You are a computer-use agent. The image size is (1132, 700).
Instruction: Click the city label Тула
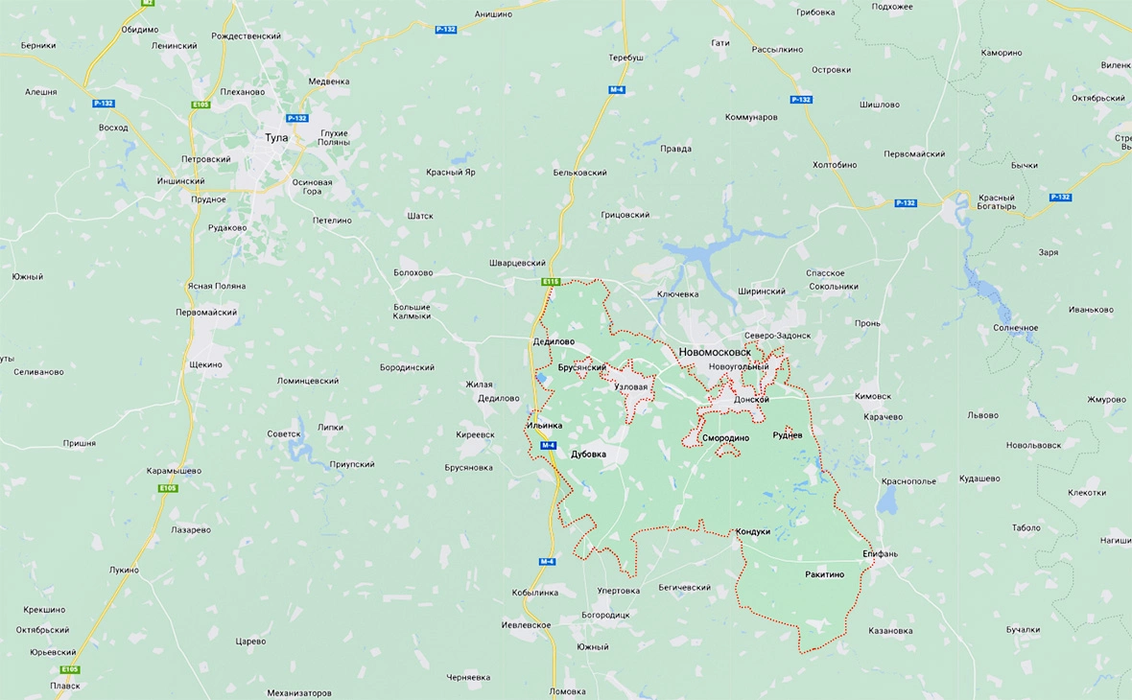point(276,138)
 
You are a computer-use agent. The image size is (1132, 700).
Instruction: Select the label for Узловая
point(636,387)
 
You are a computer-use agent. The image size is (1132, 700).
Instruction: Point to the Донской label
point(751,400)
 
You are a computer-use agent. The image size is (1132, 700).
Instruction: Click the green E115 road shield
point(550,282)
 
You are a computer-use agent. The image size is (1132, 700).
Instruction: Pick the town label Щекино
point(206,364)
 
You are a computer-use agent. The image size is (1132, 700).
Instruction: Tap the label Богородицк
point(606,615)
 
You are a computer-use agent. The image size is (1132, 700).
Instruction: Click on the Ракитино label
point(825,574)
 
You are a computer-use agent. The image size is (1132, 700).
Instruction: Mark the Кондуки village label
point(753,531)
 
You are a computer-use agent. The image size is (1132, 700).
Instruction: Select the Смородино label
point(725,438)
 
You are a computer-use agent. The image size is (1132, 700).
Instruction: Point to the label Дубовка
point(588,455)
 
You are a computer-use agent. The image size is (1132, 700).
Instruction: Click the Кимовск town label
point(872,396)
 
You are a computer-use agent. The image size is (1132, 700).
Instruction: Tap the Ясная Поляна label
point(217,286)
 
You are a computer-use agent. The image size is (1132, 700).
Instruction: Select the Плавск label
point(66,686)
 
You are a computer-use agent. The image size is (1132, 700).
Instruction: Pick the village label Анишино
point(493,14)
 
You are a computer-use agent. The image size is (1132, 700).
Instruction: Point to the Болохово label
point(413,272)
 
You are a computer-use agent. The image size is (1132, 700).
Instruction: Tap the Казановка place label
point(890,631)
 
